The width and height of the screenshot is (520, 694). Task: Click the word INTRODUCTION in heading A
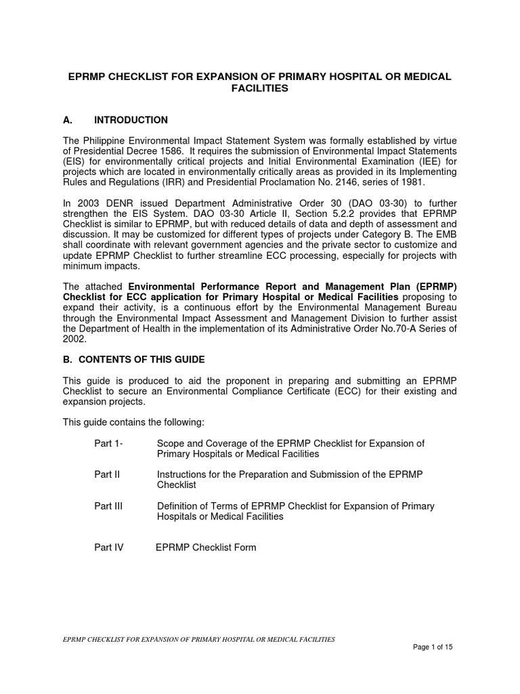131,120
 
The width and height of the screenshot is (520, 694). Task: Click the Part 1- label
109,443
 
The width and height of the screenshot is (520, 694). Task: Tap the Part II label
107,474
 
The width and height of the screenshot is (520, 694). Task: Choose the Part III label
108,506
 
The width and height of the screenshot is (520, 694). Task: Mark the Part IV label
109,547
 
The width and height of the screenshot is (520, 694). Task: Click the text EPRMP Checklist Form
206,547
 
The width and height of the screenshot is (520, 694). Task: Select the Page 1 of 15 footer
432,647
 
